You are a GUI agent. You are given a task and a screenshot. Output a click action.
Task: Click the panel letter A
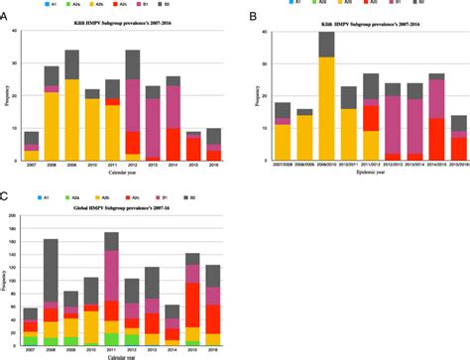click(5, 16)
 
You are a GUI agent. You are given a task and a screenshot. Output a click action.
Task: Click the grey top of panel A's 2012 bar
click(133, 65)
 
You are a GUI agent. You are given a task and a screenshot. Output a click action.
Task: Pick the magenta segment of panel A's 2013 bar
click(154, 128)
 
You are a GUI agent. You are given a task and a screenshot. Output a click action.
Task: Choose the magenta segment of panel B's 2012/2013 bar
click(391, 125)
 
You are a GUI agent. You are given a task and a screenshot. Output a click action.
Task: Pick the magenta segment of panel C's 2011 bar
click(113, 275)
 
